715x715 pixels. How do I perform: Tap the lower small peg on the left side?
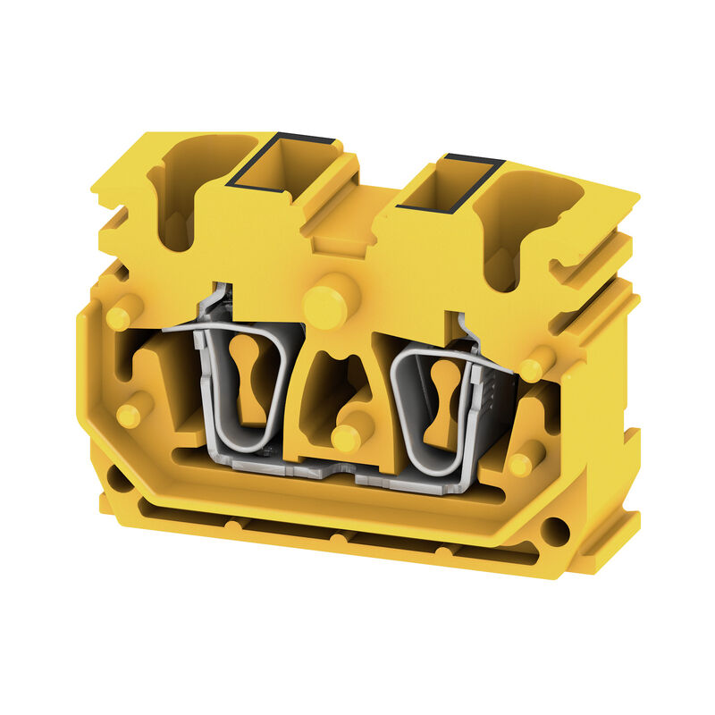pyautogui.click(x=130, y=415)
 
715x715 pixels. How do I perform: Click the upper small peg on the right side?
pyautogui.click(x=535, y=367)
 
